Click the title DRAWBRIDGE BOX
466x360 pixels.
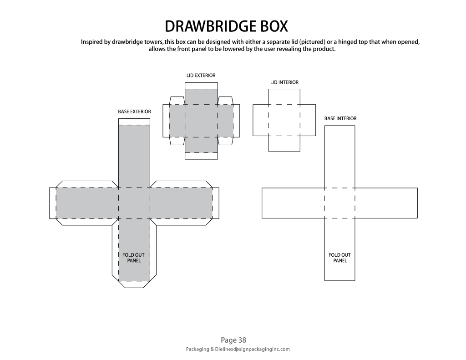coord(226,26)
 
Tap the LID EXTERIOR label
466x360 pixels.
coord(201,76)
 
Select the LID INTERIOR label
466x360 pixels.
coord(284,82)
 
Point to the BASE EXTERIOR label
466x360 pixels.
coord(134,112)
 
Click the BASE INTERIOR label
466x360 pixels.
coord(340,118)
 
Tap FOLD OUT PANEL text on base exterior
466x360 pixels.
coord(133,258)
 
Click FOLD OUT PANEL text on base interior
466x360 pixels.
coord(339,258)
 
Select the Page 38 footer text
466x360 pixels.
coord(233,340)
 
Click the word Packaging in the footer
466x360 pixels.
coord(198,349)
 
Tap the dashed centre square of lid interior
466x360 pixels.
coord(284,120)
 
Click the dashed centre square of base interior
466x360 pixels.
coord(339,203)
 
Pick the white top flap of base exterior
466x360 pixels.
coord(134,122)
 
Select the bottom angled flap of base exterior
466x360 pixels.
coord(134,284)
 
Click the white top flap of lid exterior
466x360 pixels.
coord(201,86)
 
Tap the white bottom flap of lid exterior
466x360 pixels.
coord(201,156)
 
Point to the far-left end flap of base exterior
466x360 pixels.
coord(53,203)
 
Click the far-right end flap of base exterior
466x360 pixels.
coord(216,203)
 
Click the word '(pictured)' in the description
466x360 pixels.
coord(312,42)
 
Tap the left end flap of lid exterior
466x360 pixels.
coord(166,121)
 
